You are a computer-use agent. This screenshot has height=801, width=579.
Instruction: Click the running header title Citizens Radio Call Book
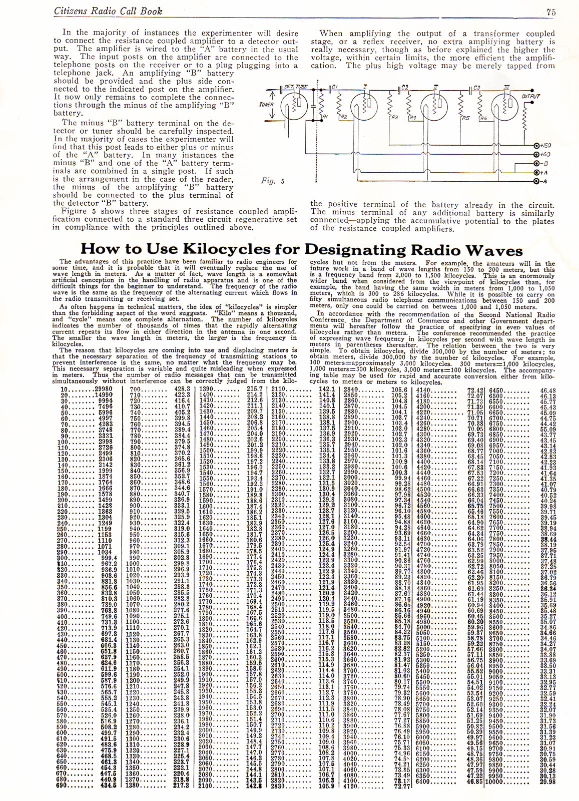[108, 11]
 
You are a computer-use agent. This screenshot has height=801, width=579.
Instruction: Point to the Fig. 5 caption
[273, 181]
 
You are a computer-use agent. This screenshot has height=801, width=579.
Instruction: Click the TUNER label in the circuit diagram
[266, 105]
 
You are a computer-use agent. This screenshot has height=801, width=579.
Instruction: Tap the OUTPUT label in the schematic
[530, 96]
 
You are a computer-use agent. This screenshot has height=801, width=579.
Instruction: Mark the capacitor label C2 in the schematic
[405, 88]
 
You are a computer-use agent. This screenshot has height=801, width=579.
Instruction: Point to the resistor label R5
[465, 118]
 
